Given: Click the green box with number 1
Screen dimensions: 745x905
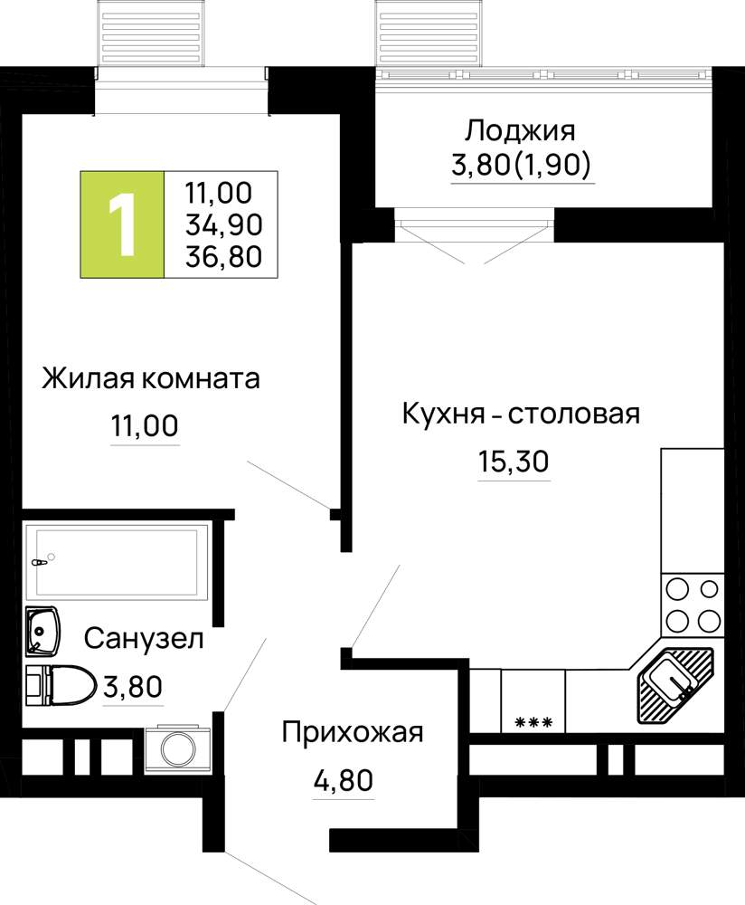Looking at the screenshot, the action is tap(122, 224).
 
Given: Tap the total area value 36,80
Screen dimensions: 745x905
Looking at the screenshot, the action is tap(223, 257).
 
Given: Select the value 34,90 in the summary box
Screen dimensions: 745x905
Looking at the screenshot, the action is tap(223, 224).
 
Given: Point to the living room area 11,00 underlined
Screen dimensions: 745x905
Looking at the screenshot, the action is tap(145, 426).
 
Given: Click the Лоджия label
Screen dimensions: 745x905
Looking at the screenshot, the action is tap(520, 131).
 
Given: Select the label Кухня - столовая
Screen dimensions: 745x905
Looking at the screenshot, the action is tap(521, 414).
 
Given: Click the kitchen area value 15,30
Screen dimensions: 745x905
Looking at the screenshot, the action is tap(514, 462).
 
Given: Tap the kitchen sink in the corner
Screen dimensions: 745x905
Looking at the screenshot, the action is tap(674, 685).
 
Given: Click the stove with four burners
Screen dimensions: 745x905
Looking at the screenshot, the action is tap(693, 605).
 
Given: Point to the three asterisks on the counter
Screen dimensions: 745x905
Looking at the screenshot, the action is tap(533, 722).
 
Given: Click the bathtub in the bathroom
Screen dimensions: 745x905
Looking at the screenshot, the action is tap(116, 560).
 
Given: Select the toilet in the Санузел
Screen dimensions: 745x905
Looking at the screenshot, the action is tap(61, 685).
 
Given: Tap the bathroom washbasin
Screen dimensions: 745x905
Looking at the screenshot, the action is tap(42, 631).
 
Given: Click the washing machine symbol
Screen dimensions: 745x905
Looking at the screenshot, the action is tap(178, 748).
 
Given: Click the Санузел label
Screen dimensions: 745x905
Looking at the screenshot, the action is tap(144, 639).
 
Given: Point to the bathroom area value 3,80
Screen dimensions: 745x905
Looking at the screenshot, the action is tap(133, 687).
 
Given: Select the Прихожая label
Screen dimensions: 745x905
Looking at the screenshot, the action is tap(353, 733).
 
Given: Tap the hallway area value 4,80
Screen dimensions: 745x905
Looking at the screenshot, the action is tap(343, 780).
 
